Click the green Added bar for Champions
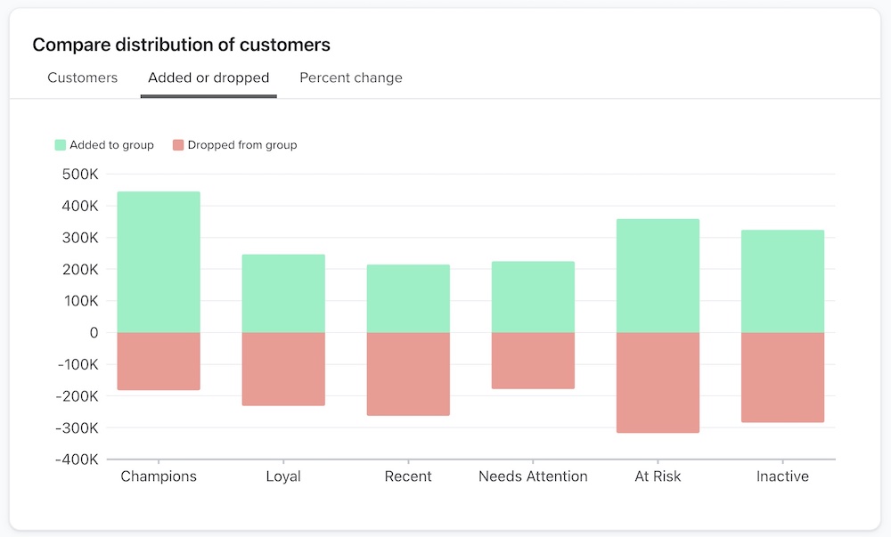point(159,262)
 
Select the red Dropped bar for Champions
point(159,362)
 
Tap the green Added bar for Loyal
point(283,294)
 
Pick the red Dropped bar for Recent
point(408,374)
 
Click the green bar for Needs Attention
point(533,297)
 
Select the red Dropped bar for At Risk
point(658,383)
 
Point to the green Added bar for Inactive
point(782,281)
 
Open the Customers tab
point(83,77)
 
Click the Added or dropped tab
point(208,77)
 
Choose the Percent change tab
point(351,77)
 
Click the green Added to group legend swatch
point(61,144)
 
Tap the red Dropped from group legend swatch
point(178,144)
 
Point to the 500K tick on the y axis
point(80,174)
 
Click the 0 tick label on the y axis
point(94,332)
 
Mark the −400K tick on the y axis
point(76,460)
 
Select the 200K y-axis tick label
point(80,269)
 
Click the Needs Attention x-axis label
point(533,476)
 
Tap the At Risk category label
point(658,476)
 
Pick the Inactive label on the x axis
point(782,476)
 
